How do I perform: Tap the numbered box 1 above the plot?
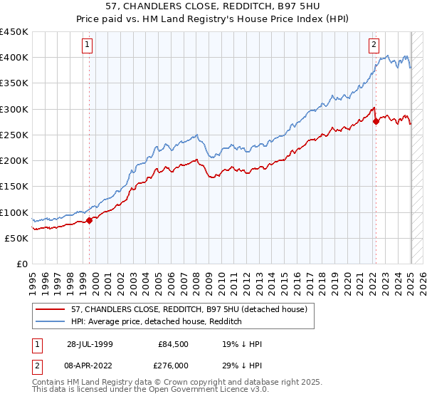87,44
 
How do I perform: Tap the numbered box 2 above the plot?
374,44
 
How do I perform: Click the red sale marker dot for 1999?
90,220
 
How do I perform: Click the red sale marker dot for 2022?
376,121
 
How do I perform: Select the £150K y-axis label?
14,187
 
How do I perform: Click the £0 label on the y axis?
21,264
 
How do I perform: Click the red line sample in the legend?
51,309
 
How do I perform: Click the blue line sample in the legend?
51,321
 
